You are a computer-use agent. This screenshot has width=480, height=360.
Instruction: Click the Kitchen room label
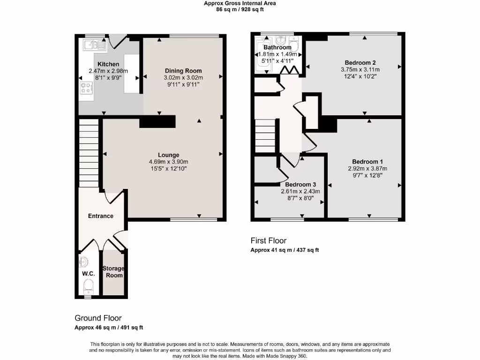108,64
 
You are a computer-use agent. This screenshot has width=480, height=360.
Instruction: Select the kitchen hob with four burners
87,88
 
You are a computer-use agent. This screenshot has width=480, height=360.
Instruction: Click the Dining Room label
183,71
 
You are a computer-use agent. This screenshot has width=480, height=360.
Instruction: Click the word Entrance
101,216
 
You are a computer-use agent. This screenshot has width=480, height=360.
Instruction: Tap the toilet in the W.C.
88,285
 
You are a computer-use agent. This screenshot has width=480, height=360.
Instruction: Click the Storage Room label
113,272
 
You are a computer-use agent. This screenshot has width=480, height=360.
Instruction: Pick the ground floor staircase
88,152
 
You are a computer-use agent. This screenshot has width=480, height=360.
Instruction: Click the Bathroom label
277,47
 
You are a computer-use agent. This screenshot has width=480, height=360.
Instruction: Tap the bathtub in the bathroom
262,56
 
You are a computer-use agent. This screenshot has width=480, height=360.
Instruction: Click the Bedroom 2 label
360,63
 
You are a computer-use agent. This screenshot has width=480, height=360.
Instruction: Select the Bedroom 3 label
300,185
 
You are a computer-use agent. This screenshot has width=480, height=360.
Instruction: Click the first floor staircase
265,135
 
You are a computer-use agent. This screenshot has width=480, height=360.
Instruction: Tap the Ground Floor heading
98,318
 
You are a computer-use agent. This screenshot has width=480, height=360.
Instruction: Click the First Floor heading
268,241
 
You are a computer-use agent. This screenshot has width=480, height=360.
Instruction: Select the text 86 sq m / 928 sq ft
240,9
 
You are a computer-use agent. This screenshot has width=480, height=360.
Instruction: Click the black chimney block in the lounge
157,121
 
